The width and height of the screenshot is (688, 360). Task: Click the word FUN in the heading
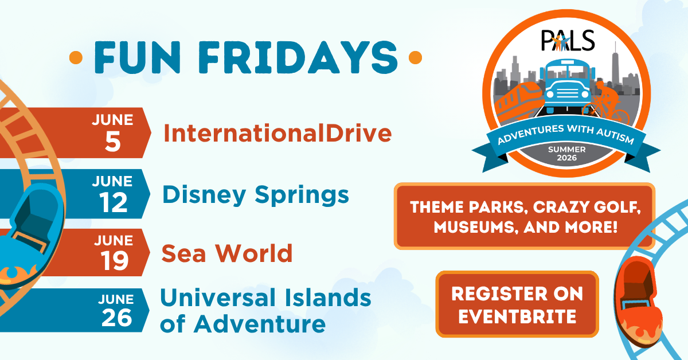(x=137, y=57)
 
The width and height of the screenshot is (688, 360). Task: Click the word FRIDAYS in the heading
(x=298, y=57)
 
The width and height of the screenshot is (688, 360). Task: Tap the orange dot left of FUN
(x=76, y=58)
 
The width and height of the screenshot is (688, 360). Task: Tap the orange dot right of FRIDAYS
(x=415, y=57)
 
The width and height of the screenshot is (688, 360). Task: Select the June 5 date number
(x=113, y=142)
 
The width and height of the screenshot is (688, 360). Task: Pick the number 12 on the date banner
(x=114, y=203)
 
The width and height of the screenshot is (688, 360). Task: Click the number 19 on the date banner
(x=115, y=261)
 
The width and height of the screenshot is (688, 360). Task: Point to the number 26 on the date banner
(x=117, y=318)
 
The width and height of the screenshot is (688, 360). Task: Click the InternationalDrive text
(x=277, y=134)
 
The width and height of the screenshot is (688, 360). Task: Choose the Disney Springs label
(x=256, y=195)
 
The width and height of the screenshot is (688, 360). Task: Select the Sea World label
(x=227, y=253)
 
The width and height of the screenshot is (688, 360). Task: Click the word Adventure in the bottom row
(x=260, y=324)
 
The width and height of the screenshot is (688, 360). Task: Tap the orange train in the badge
(x=518, y=101)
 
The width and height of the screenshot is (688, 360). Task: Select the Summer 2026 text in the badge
(x=567, y=154)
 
